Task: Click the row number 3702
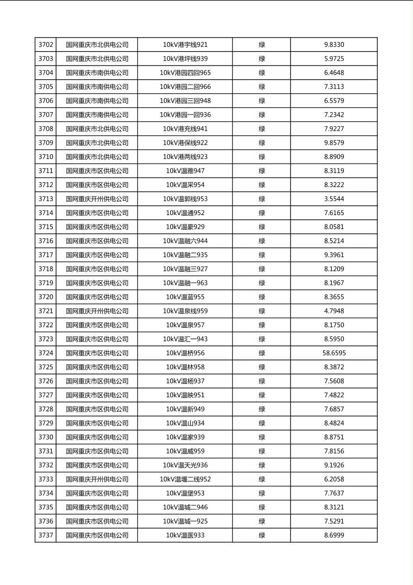(46, 45)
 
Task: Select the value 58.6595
(334, 353)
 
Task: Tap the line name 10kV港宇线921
(185, 45)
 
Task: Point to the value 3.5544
(334, 199)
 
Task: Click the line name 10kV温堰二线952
(185, 479)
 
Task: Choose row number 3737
(46, 535)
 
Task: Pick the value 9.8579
(334, 143)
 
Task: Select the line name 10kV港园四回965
(185, 73)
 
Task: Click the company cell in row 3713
(97, 199)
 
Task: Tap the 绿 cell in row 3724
(262, 353)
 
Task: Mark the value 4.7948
(334, 311)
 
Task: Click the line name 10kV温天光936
(185, 465)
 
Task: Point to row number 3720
(46, 297)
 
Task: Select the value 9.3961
(334, 255)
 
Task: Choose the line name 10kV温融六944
(185, 241)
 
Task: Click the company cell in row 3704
(97, 73)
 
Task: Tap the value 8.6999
(334, 535)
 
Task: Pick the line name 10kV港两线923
(185, 157)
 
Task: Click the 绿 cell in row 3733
(262, 479)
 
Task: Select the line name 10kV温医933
(185, 535)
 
